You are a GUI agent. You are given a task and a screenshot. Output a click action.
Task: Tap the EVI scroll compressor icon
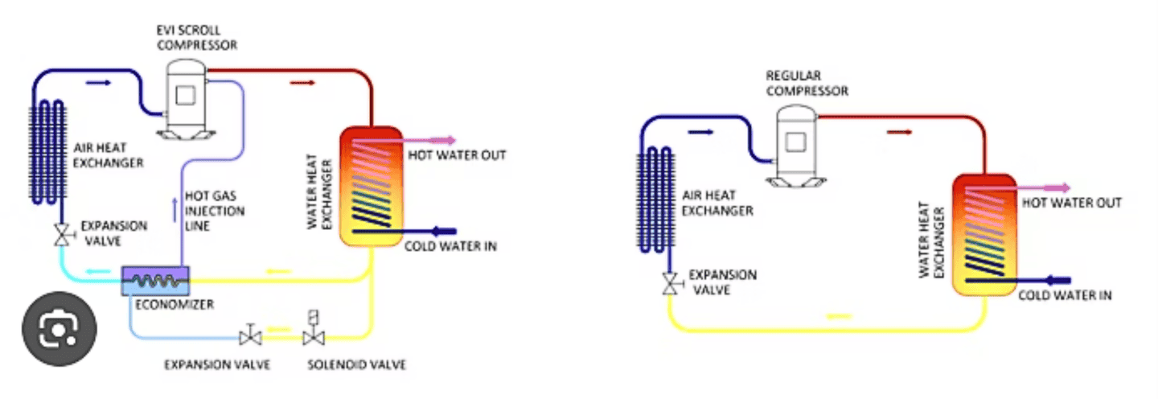pyautogui.click(x=184, y=97)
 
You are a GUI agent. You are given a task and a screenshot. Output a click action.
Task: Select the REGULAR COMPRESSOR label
pyautogui.click(x=807, y=84)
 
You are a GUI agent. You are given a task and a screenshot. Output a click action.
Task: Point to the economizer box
pyautogui.click(x=155, y=280)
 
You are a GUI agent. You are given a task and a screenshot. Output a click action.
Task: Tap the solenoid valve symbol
pyautogui.click(x=313, y=331)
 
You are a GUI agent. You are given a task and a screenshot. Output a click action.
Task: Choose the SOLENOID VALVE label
pyautogui.click(x=356, y=365)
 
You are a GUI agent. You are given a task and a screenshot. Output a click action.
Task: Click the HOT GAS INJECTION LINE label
pyautogui.click(x=214, y=211)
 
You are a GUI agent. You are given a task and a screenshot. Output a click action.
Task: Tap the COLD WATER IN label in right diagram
pyautogui.click(x=1065, y=295)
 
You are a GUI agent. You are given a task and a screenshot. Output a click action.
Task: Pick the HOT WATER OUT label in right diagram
pyautogui.click(x=1071, y=203)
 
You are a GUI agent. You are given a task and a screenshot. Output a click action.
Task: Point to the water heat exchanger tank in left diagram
pyautogui.click(x=369, y=186)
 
